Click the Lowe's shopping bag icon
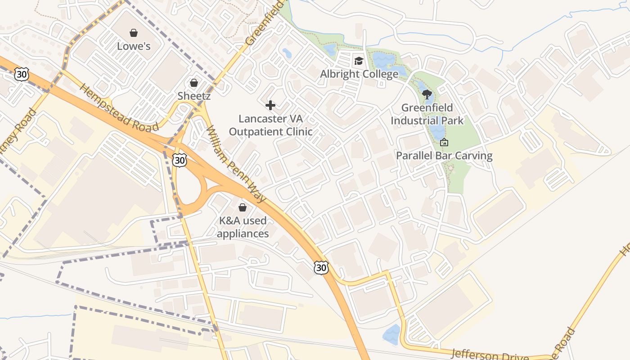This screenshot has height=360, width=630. coord(134,33)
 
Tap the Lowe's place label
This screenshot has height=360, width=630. coord(134,46)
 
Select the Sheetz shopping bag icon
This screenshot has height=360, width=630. coord(194,83)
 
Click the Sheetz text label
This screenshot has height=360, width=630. coord(194,95)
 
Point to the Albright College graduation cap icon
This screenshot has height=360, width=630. coord(359,61)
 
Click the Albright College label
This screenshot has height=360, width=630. coord(359,74)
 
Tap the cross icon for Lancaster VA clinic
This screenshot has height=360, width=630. coord(270,105)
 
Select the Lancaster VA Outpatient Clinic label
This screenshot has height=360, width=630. coord(270,125)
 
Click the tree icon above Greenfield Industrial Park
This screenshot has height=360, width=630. coord(427,94)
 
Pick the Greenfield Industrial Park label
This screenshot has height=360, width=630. coord(427,114)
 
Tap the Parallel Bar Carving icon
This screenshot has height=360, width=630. coord(444,143)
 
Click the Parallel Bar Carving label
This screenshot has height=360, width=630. coord(444,156)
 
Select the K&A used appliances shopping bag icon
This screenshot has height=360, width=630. coord(243,207)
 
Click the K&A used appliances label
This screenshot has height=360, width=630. coord(243,227)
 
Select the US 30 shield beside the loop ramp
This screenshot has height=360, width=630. coord(179,160)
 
